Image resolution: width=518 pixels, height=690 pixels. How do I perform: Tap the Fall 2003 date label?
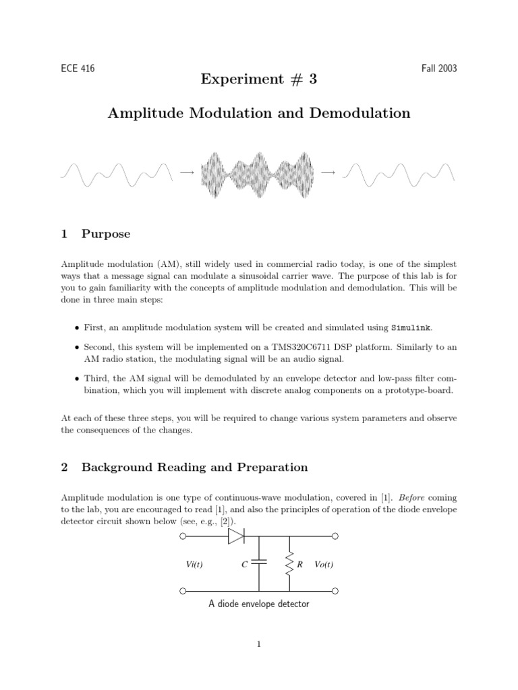pos(438,69)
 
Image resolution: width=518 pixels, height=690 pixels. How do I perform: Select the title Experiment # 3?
pos(258,80)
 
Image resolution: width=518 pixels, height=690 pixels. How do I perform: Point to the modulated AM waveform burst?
pos(258,175)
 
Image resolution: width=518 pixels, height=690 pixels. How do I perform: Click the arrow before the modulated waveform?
pos(187,173)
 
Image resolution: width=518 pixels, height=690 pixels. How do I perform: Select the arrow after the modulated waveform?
pos(328,173)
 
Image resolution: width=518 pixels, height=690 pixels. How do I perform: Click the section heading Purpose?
pos(105,234)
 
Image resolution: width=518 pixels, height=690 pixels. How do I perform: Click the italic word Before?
pos(414,498)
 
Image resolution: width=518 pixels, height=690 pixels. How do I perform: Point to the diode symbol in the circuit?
pos(236,536)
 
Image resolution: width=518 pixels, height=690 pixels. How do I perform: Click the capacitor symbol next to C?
pos(259,564)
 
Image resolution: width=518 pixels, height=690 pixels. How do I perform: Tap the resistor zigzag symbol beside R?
pos(289,564)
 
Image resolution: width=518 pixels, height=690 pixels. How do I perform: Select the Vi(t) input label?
pos(196,564)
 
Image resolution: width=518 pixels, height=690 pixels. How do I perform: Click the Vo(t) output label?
pos(324,564)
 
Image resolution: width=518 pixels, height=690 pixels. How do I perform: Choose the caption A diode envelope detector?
pos(259,604)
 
